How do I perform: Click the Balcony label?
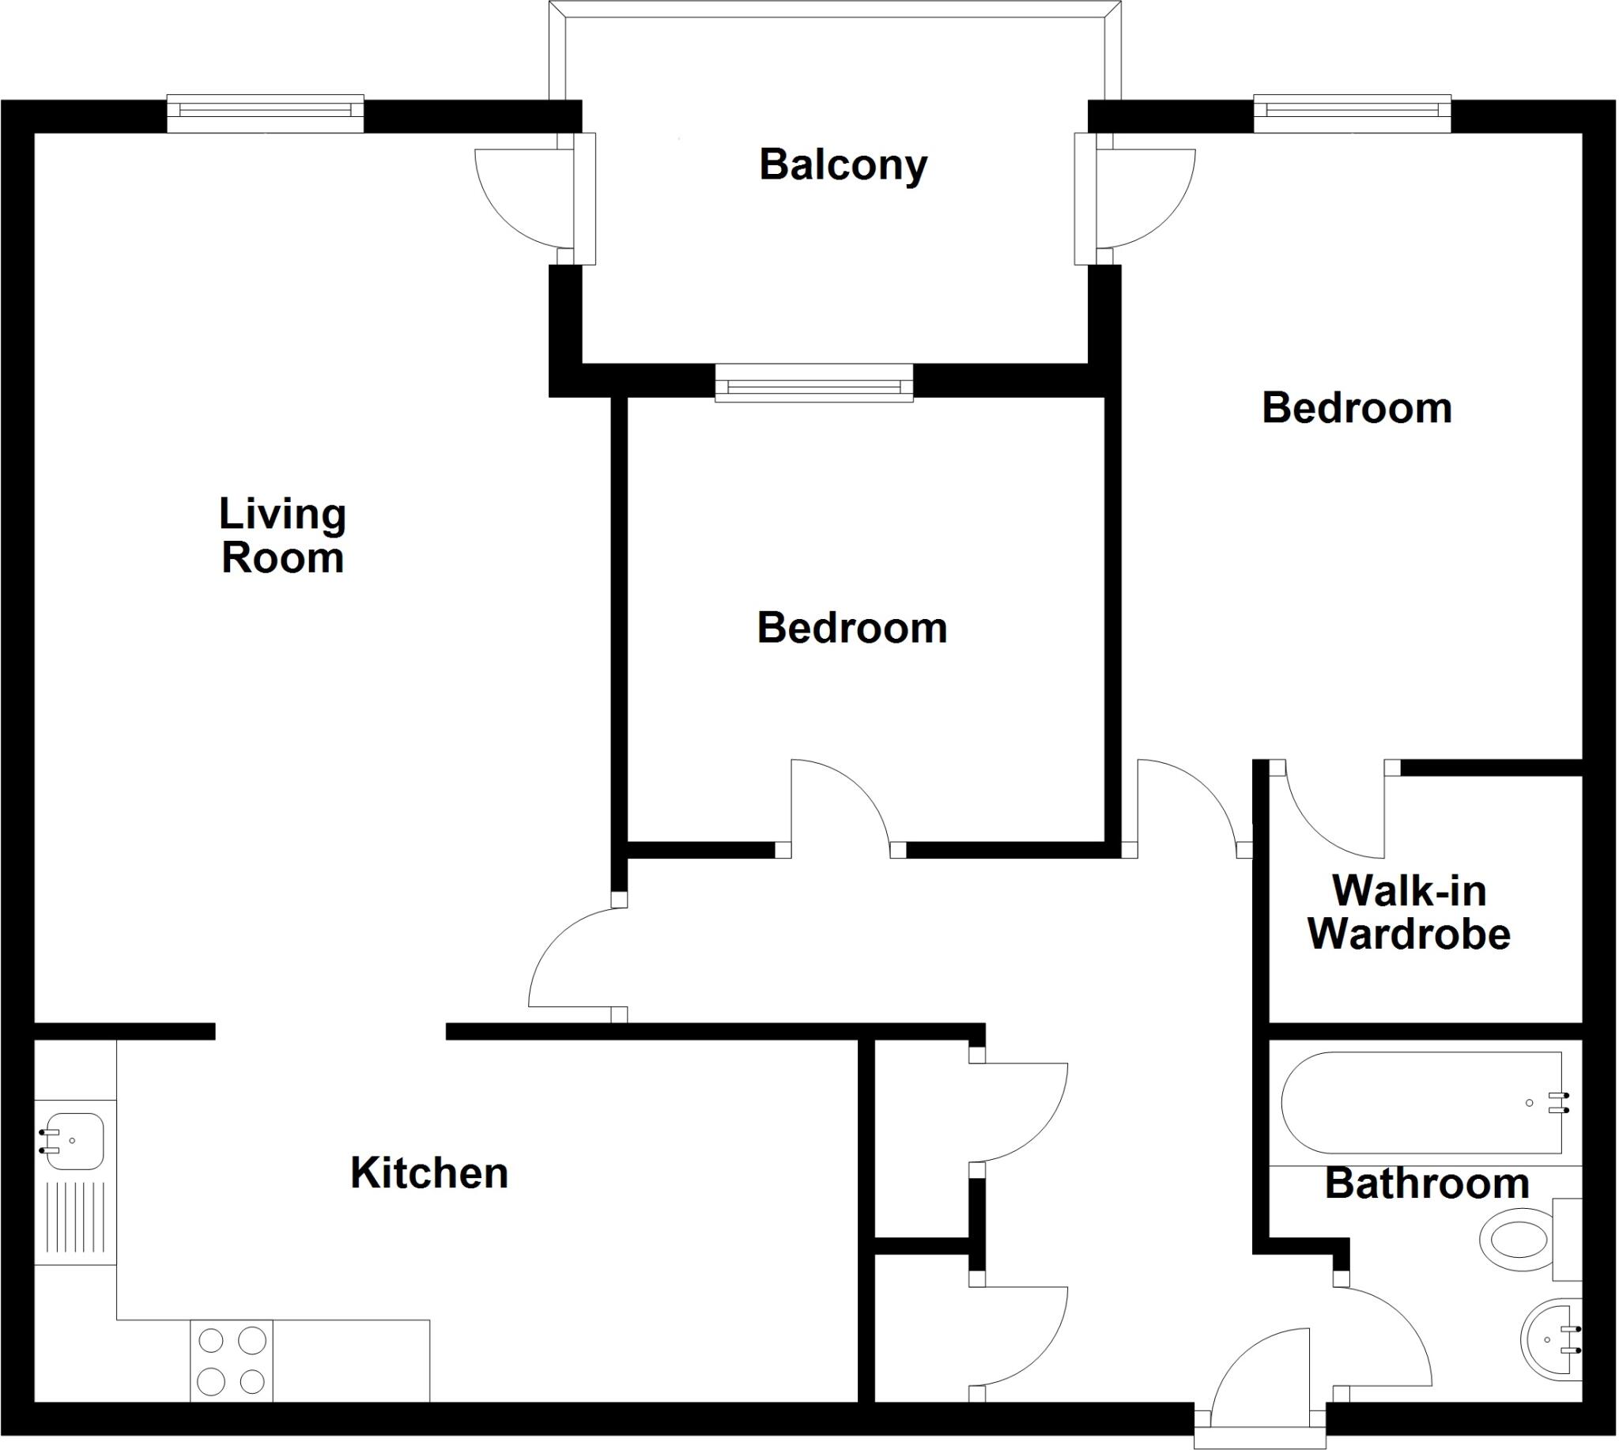point(843,165)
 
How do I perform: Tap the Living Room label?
point(283,535)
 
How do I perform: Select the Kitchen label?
point(428,1172)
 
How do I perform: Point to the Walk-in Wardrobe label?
point(1409,912)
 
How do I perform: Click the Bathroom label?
point(1426,1184)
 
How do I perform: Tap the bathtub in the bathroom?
point(1421,1103)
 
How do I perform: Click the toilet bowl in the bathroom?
point(1514,1240)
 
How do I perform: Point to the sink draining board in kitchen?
point(76,1218)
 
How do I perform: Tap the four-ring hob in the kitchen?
point(231,1360)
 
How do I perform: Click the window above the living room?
point(266,113)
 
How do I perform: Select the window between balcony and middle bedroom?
point(813,383)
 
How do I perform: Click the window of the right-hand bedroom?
point(1352,113)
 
